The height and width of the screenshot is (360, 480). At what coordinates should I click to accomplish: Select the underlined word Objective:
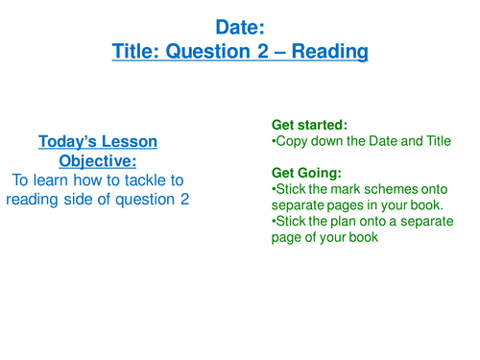pyautogui.click(x=98, y=160)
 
